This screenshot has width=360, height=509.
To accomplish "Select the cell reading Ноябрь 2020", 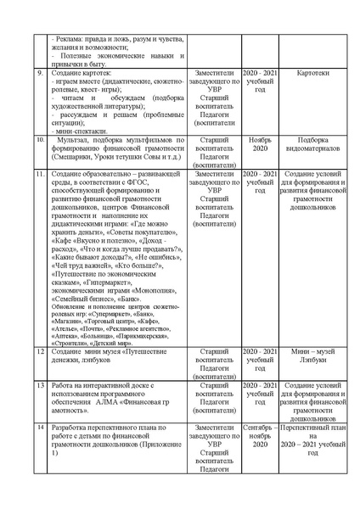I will (260, 143).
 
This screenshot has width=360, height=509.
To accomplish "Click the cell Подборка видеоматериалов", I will (313, 143).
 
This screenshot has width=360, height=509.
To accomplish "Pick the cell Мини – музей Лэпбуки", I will (313, 355).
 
